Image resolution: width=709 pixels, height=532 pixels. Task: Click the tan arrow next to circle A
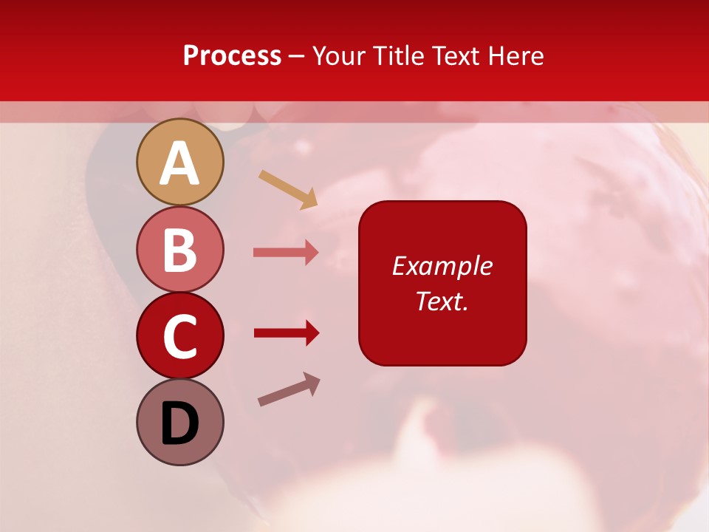[288, 189]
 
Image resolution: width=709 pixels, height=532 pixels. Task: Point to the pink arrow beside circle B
[286, 253]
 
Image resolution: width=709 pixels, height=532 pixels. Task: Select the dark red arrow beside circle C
[286, 333]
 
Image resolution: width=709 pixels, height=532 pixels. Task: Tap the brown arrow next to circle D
[289, 389]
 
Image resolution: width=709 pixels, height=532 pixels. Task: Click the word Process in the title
[232, 56]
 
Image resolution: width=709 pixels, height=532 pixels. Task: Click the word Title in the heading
[400, 56]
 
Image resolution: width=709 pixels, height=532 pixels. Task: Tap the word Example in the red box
[442, 266]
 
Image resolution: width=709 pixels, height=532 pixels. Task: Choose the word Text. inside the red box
[442, 301]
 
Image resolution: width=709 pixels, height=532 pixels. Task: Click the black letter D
[180, 423]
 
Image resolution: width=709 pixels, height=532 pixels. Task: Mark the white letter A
[180, 164]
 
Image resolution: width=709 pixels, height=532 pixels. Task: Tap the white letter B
[180, 250]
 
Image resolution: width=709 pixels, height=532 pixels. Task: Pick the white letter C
[180, 336]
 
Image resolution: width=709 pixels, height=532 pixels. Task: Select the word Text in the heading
[454, 56]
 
